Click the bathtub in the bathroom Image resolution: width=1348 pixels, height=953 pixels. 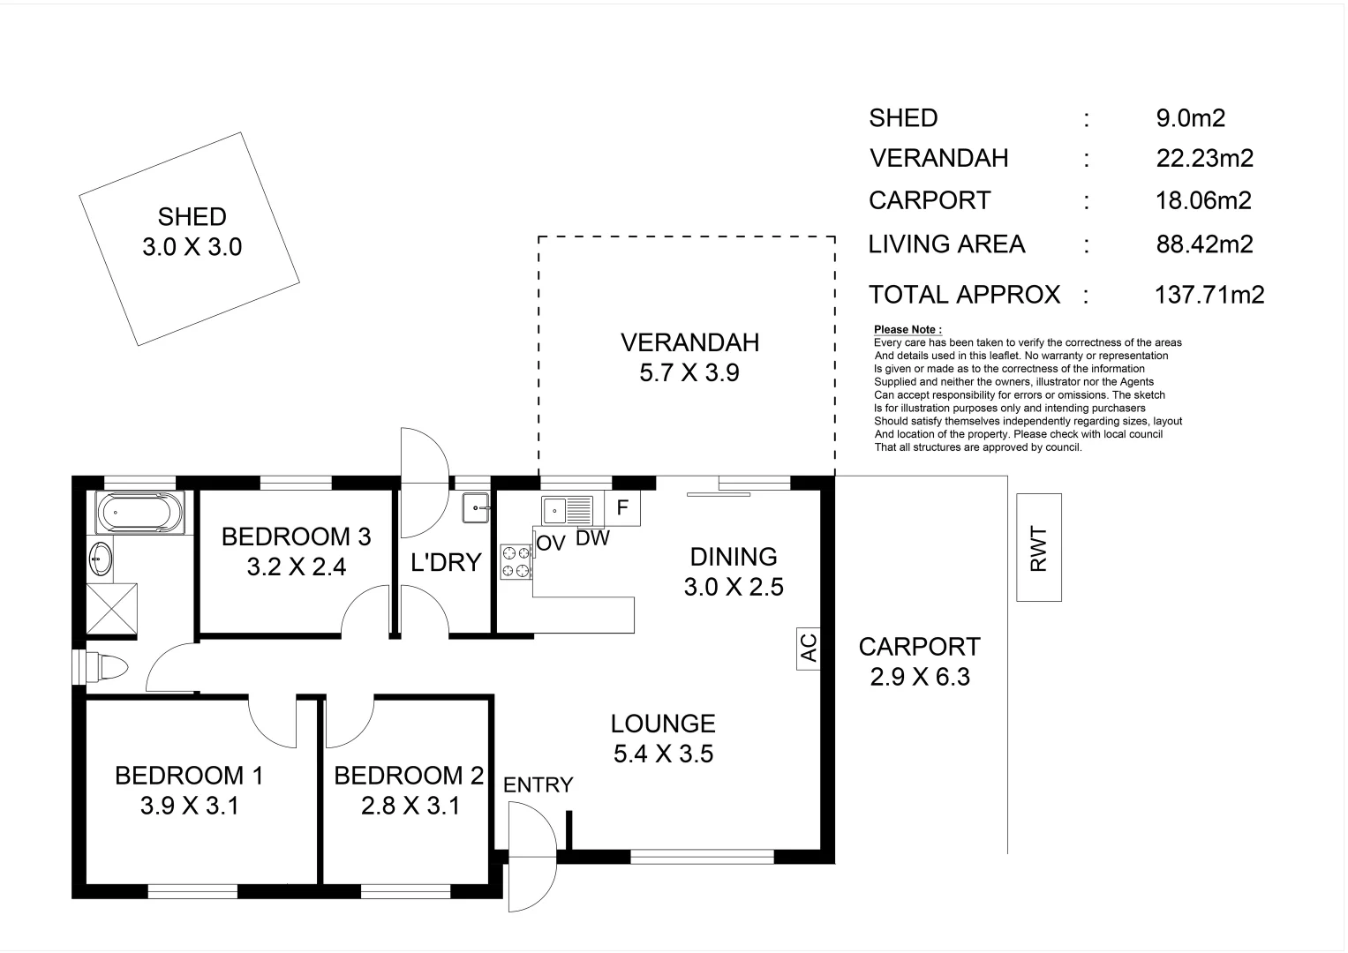141,513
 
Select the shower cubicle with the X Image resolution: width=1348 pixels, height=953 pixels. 112,608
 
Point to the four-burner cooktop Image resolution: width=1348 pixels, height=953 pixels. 516,562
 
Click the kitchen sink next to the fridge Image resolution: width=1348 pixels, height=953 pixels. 568,509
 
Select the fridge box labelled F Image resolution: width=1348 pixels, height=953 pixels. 622,508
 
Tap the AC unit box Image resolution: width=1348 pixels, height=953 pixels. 809,649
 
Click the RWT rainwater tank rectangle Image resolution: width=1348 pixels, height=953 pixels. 1038,547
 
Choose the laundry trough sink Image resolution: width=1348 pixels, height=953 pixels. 476,507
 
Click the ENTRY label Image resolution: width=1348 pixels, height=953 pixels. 538,784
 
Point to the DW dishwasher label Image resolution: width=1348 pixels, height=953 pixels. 592,538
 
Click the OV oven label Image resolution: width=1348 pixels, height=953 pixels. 550,544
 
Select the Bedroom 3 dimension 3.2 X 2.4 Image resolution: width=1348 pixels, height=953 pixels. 296,567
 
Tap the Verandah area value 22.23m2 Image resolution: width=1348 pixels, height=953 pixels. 1204,159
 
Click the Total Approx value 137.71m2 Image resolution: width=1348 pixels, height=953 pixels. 1209,295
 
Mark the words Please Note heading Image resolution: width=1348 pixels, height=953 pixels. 907,329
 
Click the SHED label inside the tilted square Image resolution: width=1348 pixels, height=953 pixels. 192,217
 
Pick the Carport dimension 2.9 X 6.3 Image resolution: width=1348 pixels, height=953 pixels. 919,677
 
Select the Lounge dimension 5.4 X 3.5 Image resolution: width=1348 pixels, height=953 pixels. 663,754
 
